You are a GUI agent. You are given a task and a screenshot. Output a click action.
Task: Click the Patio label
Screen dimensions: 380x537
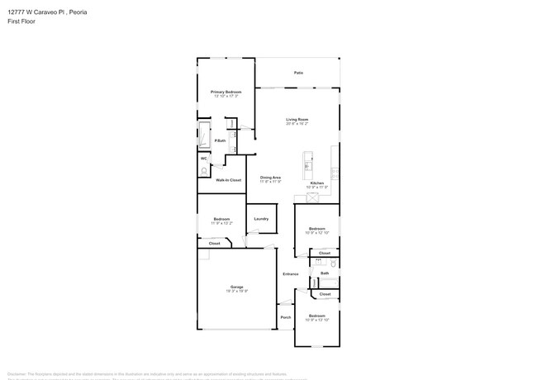pos(298,74)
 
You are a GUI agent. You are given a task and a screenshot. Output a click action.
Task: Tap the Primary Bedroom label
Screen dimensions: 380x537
pos(225,92)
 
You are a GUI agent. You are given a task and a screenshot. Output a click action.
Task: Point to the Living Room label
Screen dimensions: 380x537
pos(297,120)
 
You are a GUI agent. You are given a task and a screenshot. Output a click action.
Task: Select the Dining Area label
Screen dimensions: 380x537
pos(271,178)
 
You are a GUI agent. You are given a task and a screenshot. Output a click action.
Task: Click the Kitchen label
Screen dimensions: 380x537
pos(317,183)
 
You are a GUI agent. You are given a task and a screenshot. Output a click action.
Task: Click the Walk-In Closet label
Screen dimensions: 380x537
pos(228,180)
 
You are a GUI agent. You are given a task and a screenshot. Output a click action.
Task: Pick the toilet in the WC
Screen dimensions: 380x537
pos(204,171)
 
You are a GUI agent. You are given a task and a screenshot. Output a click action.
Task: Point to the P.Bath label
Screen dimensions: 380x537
pos(221,141)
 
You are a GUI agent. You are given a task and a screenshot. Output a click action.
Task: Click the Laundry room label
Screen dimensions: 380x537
pos(261,219)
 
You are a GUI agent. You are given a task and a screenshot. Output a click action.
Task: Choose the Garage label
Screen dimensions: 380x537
pos(237,287)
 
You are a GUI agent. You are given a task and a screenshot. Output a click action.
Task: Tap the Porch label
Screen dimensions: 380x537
pos(286,317)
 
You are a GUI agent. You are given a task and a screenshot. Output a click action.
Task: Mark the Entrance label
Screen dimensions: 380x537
pos(291,274)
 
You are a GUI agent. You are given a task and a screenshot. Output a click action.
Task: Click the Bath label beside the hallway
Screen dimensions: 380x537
pos(325,273)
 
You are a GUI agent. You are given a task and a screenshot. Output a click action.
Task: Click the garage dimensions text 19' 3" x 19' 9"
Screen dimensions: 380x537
pos(237,291)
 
